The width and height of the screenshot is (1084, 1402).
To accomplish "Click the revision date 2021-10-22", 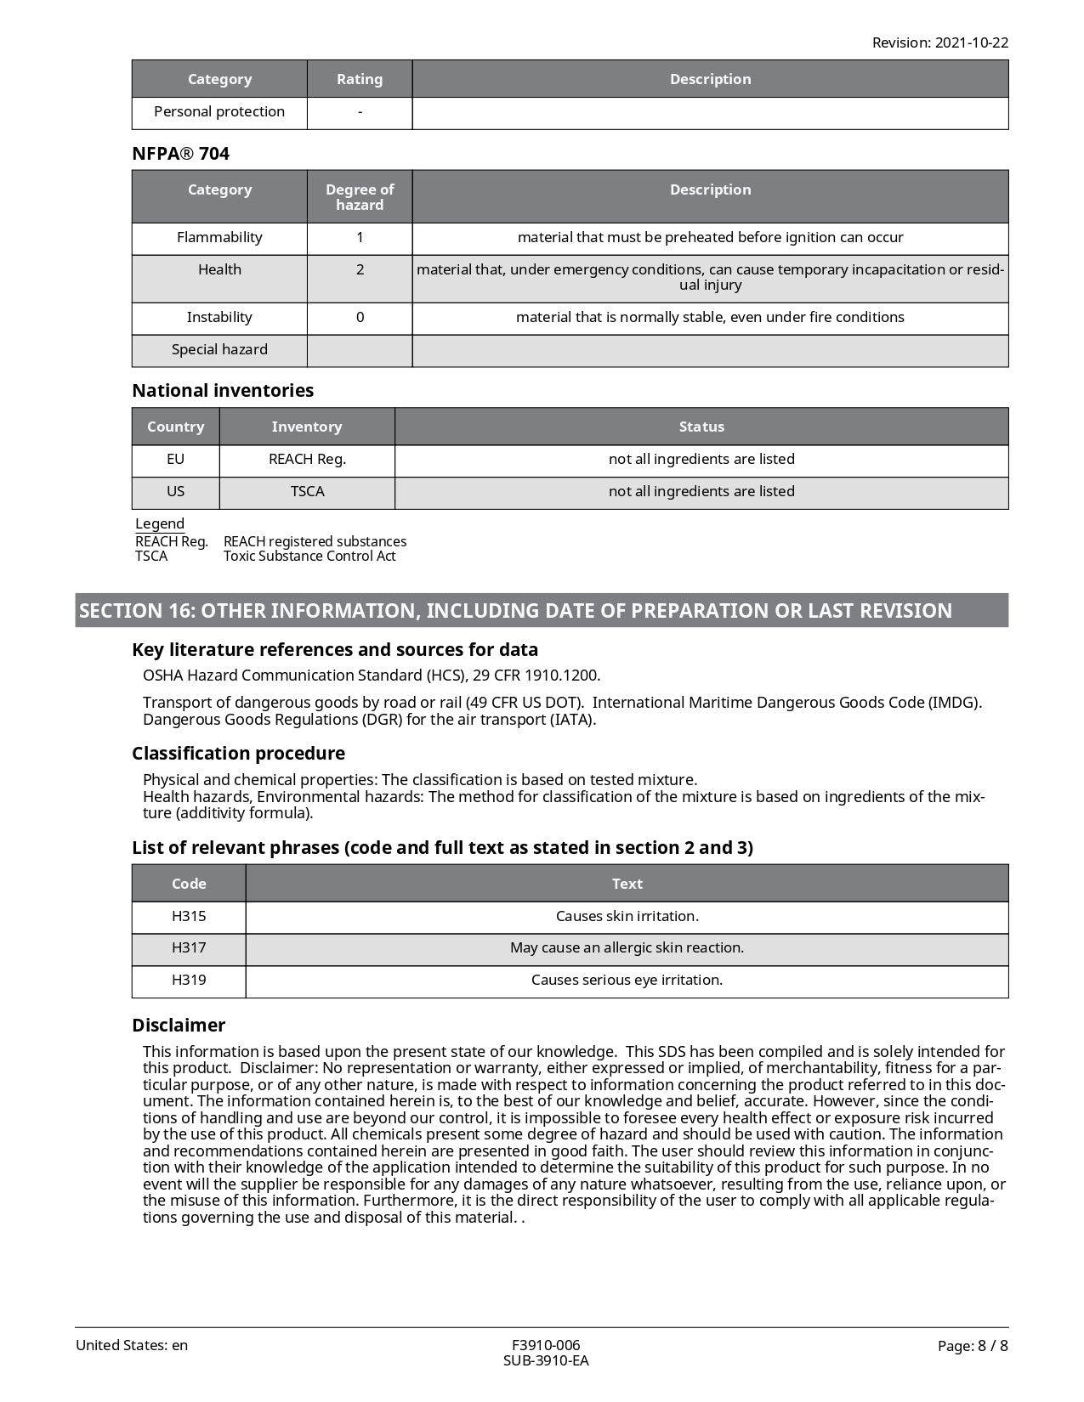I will tap(972, 42).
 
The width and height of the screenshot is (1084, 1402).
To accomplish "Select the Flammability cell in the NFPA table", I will tap(219, 238).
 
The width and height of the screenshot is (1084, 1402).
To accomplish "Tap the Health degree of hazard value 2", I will tap(360, 270).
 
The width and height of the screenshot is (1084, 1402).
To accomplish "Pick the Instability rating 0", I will tap(360, 318).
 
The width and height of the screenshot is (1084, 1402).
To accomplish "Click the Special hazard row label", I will tap(219, 350).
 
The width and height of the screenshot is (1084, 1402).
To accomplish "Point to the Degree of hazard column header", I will tap(360, 197).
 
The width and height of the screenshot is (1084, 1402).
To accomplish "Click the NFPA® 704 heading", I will tap(180, 154).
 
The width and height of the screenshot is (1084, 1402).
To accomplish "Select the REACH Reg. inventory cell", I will tap(307, 460).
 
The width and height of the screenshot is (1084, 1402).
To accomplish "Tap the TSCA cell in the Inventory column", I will tap(307, 492).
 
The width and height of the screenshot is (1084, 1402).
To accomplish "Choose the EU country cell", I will tap(175, 460).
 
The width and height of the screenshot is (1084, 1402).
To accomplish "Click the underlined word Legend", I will tap(160, 524).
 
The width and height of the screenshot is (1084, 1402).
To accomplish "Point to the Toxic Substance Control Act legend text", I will tap(309, 557).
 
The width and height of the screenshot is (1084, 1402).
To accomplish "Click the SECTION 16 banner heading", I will tap(515, 611).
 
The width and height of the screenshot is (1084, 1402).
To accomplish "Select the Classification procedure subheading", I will tap(238, 754).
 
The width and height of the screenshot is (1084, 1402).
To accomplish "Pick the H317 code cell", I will tap(189, 948).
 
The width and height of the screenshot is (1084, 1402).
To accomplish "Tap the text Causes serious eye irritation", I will tap(627, 981).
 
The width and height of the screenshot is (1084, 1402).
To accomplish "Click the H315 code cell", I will tap(189, 917).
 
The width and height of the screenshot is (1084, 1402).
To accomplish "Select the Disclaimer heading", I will tap(179, 1026).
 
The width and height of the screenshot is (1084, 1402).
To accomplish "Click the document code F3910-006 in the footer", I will tap(546, 1346).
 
